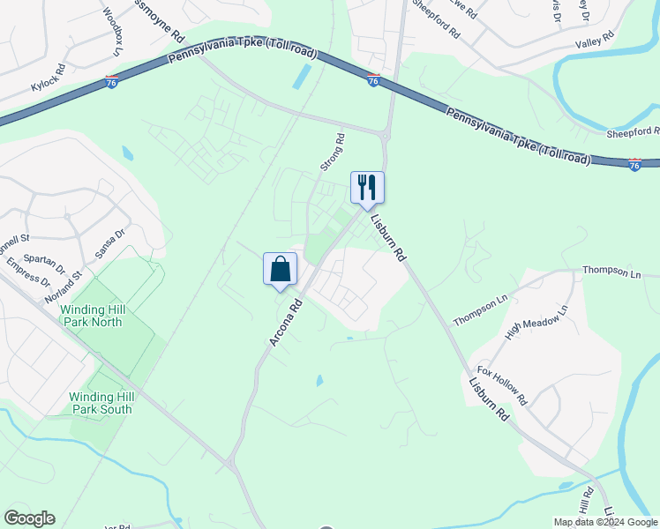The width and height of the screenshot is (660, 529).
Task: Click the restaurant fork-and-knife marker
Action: point(367,187)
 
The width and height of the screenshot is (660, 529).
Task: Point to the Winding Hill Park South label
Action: point(101,403)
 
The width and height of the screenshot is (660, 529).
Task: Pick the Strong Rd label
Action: point(332,152)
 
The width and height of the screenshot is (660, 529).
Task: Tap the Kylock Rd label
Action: point(49,78)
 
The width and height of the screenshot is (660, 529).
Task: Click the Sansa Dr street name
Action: point(110,243)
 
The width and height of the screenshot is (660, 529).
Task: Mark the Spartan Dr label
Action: point(47,262)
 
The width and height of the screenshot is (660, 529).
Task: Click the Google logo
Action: point(29,518)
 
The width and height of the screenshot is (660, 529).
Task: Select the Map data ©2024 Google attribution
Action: point(604,522)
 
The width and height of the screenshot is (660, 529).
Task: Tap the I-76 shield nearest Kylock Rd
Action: point(111,82)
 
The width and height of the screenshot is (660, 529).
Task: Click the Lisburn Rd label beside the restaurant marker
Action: point(387,237)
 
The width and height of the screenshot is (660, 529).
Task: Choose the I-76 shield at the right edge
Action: point(634,164)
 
